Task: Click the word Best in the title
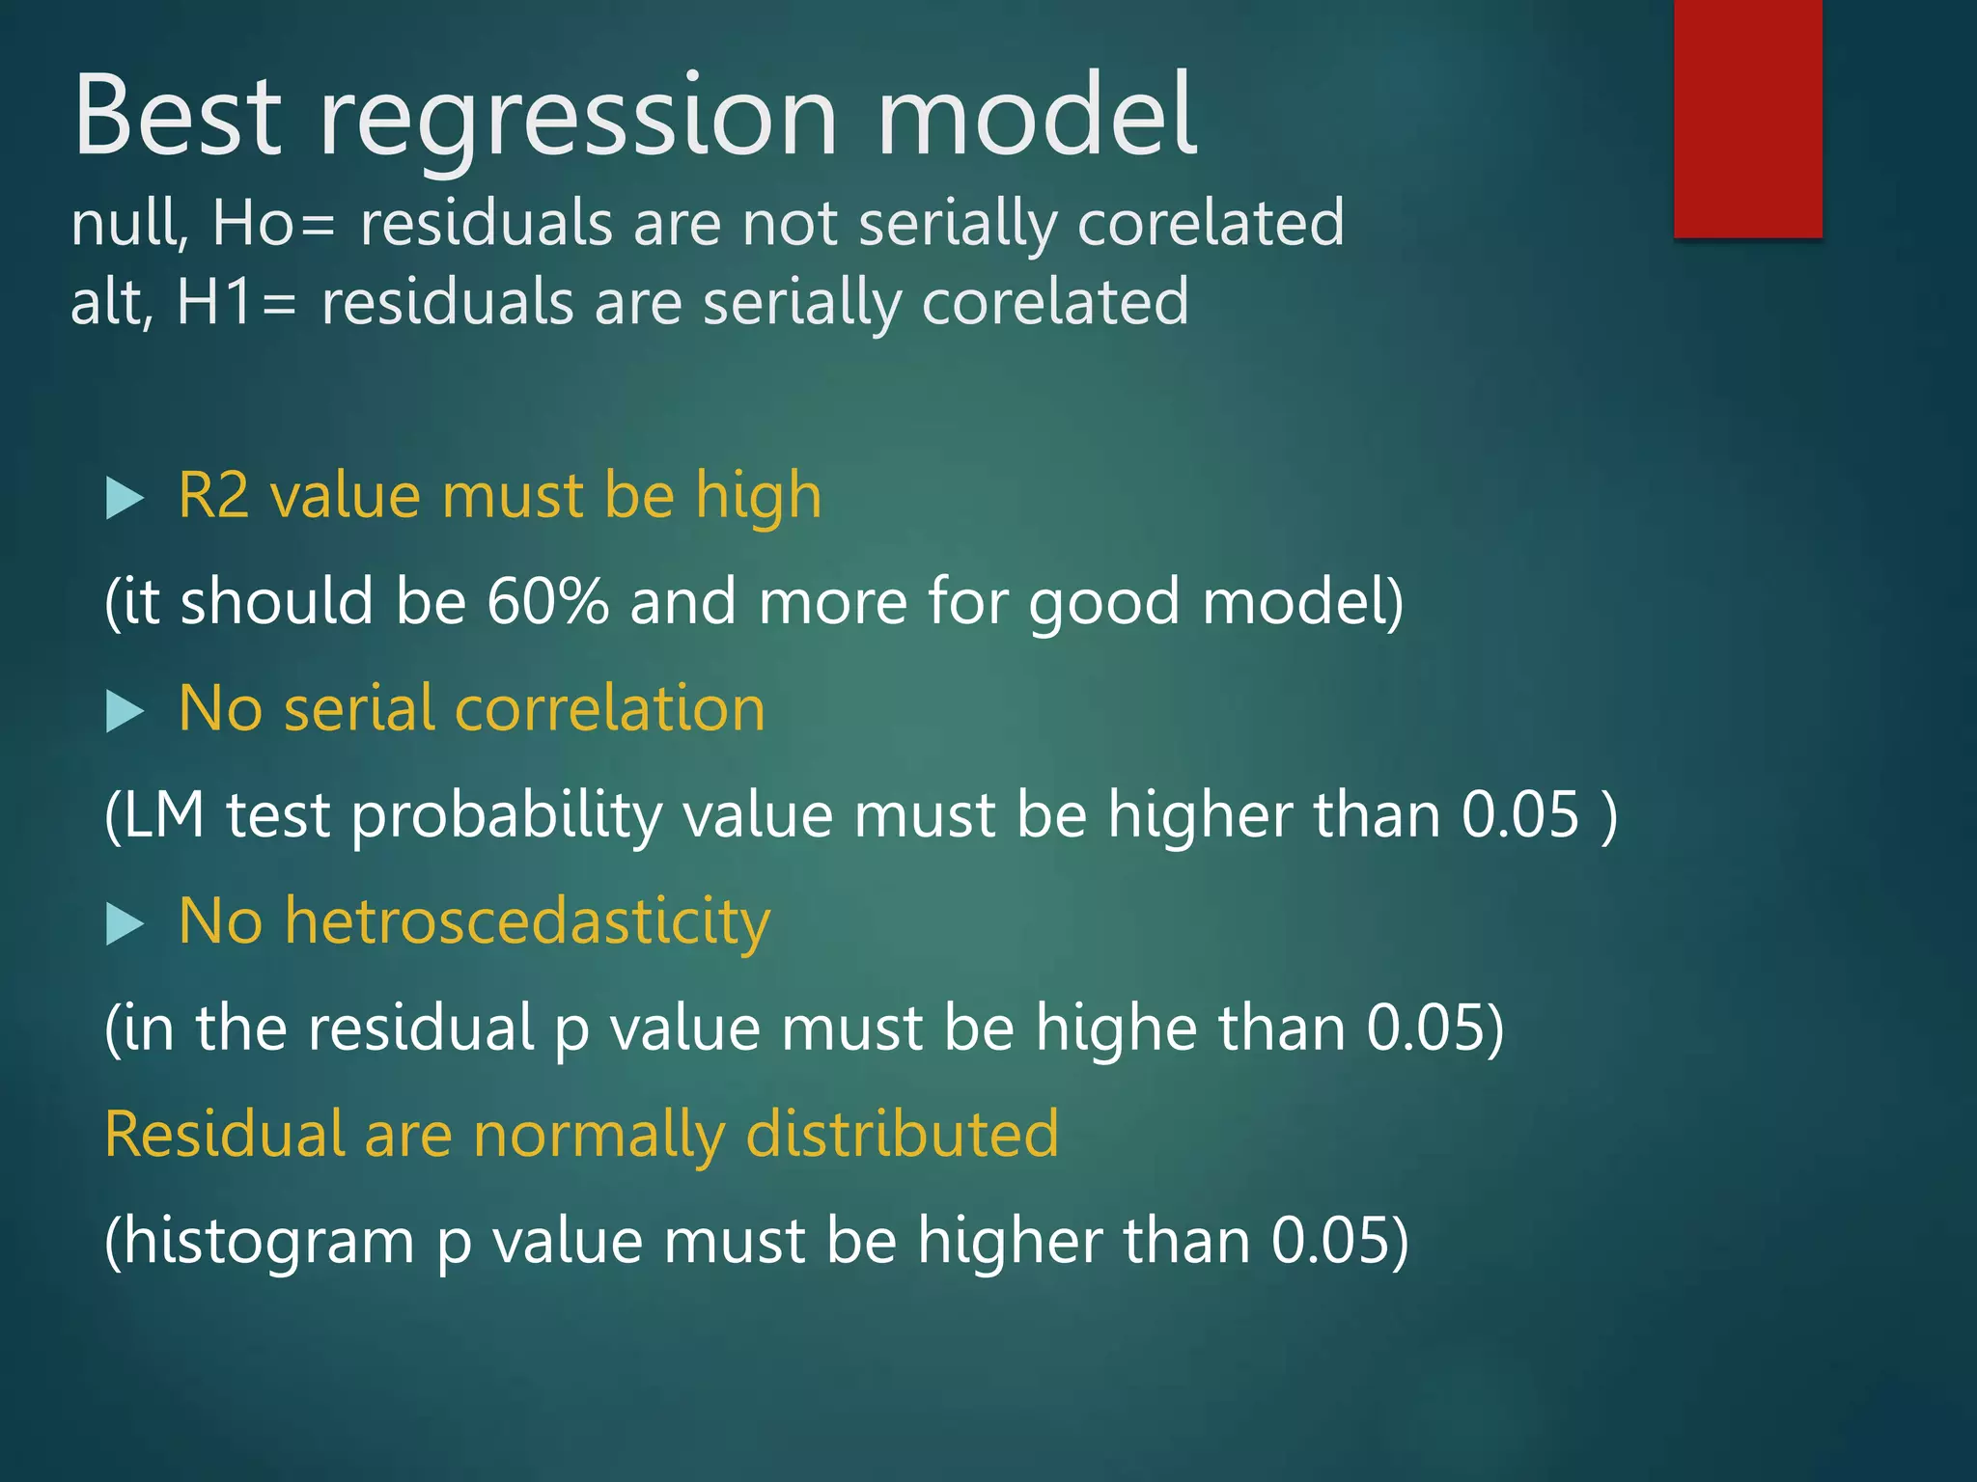point(178,116)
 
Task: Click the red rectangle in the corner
point(1747,118)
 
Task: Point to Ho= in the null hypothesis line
point(273,223)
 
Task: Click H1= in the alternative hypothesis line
point(237,302)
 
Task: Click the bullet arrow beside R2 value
point(124,499)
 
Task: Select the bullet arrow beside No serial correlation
point(124,712)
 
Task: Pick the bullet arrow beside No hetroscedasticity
point(124,924)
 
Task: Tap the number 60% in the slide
point(547,602)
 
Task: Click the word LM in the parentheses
point(164,815)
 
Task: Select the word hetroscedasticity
point(527,921)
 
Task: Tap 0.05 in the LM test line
point(1519,815)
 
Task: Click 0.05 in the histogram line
point(1330,1241)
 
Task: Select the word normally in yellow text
point(599,1136)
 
